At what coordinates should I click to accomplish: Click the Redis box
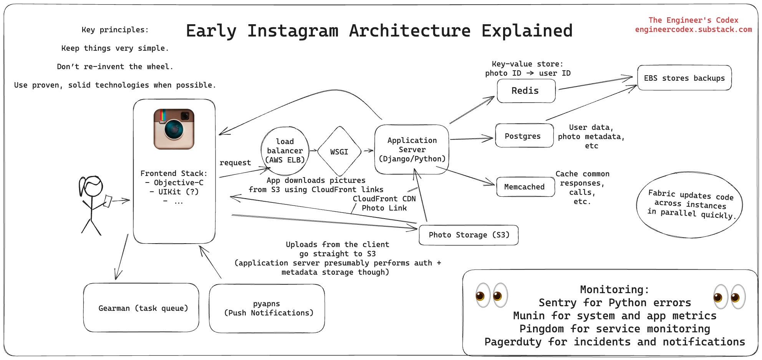(x=526, y=91)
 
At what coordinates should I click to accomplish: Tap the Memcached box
(x=525, y=187)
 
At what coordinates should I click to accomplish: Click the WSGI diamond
(x=339, y=152)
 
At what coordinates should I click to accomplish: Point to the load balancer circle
(x=285, y=151)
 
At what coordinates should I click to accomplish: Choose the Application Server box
(x=412, y=150)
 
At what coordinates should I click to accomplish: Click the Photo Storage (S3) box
(x=469, y=235)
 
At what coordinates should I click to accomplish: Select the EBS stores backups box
(x=684, y=78)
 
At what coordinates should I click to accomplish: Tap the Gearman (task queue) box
(x=141, y=308)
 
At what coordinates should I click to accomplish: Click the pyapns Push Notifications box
(x=267, y=309)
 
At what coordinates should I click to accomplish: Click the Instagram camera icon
(x=174, y=129)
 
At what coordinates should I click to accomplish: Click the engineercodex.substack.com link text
(x=693, y=30)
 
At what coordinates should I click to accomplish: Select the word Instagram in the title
(x=293, y=31)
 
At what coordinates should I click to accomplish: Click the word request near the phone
(x=235, y=163)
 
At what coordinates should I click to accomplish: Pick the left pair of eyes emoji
(x=492, y=295)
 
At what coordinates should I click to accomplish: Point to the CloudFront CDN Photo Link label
(x=384, y=203)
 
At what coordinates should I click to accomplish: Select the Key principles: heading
(x=115, y=30)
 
